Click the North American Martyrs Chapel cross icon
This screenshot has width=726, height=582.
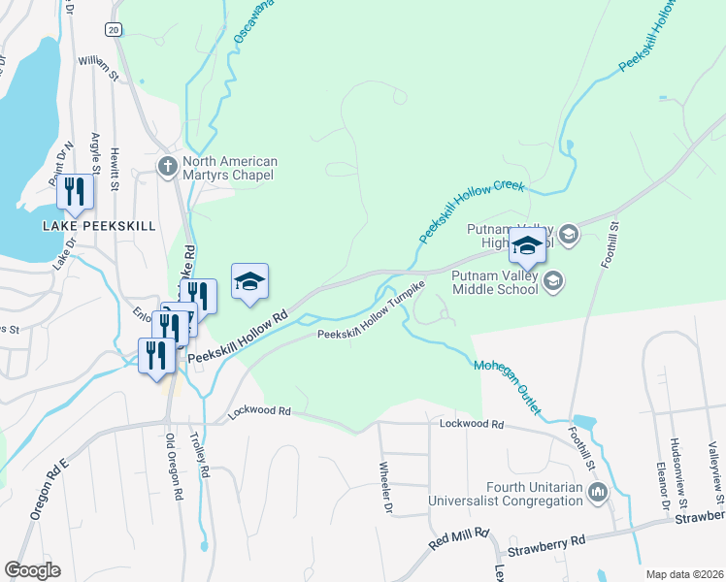click(168, 164)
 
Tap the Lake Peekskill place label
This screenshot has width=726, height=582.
click(99, 226)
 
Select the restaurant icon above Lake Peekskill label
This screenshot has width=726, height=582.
click(75, 192)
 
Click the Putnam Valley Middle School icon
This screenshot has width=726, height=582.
click(553, 282)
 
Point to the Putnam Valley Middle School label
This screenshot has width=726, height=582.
click(495, 282)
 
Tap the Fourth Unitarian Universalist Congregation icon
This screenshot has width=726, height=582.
click(597, 495)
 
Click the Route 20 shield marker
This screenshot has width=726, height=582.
click(114, 30)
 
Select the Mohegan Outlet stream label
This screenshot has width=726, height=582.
click(507, 388)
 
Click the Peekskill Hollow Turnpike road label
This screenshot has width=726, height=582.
click(372, 312)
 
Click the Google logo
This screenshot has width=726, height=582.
click(32, 570)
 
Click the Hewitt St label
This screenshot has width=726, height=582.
click(115, 159)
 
